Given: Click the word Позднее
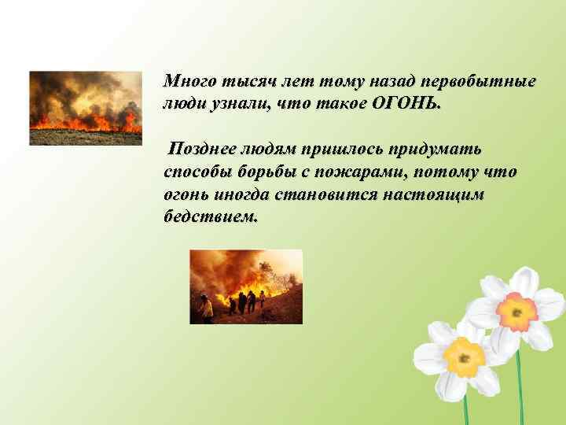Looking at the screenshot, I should pyautogui.click(x=205, y=149).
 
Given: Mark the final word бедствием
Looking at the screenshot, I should pyautogui.click(x=210, y=216).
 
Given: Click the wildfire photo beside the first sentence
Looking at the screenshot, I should pyautogui.click(x=85, y=108).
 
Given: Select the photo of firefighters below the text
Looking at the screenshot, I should pyautogui.click(x=246, y=286).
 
